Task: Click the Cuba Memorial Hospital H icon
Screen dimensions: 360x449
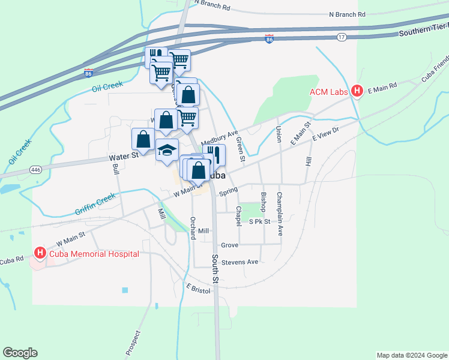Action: [x=40, y=254]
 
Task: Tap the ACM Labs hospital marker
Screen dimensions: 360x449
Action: [x=357, y=92]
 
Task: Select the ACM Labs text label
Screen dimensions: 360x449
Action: [x=330, y=92]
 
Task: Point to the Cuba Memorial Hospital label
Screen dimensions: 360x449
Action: [x=94, y=254]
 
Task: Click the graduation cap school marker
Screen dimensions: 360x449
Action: [x=167, y=150]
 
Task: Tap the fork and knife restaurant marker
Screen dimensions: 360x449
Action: [x=214, y=155]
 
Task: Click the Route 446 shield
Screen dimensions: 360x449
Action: [x=37, y=170]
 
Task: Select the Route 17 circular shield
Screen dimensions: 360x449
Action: [x=341, y=37]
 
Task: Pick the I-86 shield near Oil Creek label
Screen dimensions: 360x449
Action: [x=89, y=73]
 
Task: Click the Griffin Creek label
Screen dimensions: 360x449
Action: [x=94, y=204]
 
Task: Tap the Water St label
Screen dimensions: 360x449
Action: [x=124, y=155]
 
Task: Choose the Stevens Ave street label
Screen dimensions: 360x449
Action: [x=240, y=262]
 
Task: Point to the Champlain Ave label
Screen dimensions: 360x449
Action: [x=279, y=205]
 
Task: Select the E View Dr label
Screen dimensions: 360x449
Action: [x=326, y=134]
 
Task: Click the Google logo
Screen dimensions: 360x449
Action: [x=20, y=353]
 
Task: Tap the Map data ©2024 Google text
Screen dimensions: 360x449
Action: [x=411, y=355]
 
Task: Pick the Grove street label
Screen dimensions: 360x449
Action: [x=229, y=245]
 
